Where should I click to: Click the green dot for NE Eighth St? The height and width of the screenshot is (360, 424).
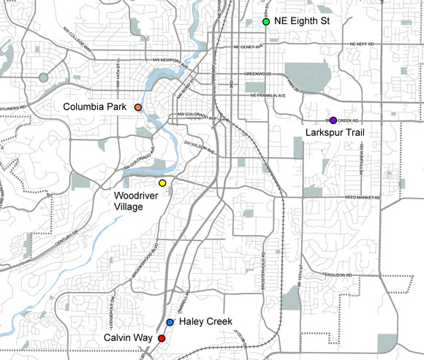click(x=266, y=22)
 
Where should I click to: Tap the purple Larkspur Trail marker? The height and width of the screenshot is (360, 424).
click(x=333, y=120)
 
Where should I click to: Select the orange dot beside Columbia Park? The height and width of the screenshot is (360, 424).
click(x=137, y=108)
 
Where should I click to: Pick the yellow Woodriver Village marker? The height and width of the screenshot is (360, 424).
click(x=162, y=183)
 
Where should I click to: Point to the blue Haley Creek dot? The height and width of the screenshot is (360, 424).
click(x=170, y=322)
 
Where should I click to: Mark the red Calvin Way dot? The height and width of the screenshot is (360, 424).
click(x=162, y=338)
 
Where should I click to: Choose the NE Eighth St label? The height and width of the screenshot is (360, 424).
click(x=303, y=22)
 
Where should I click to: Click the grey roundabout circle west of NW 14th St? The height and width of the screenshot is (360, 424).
click(x=44, y=77)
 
